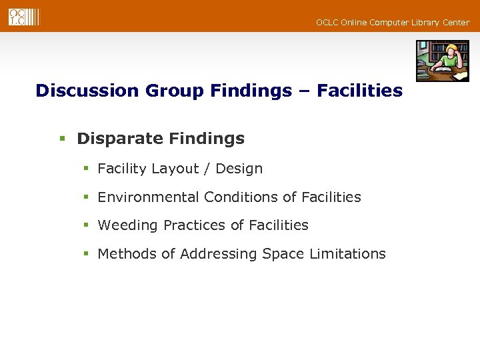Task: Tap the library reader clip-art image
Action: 443,61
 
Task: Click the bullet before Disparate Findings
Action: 62,139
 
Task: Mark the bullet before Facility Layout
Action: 86,169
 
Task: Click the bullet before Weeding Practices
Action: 86,226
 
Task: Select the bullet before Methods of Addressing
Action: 86,255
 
